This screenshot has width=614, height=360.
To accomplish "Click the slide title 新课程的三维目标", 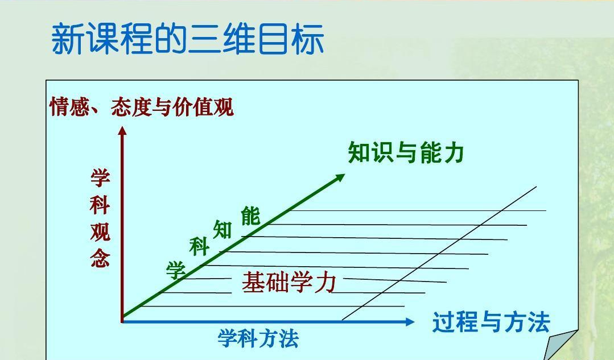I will point(188,39).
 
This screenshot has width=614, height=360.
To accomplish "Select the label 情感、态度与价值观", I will point(142,107).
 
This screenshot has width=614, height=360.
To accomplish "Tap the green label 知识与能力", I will point(406,153).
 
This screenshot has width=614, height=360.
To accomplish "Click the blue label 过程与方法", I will point(491,322).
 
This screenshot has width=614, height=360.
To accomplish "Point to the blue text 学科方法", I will point(258,339).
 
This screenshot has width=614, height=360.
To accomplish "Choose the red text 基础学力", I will point(289,283).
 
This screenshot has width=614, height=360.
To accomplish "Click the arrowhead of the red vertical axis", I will point(122,131).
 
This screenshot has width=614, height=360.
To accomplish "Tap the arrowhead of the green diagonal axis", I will point(340,177).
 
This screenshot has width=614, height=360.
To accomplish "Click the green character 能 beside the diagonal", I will point(250,216).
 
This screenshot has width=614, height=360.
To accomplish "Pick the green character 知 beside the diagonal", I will point(222,229).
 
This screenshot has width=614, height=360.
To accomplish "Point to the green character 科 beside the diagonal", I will point(199,248).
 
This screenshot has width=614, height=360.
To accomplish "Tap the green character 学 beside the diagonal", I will point(176,270).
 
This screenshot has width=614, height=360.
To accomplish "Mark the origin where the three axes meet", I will point(122,321).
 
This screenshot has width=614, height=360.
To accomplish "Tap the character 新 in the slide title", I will point(68,39).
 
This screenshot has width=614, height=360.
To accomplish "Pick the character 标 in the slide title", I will point(308,39).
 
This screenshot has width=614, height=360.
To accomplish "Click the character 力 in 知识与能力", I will point(452,153).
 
